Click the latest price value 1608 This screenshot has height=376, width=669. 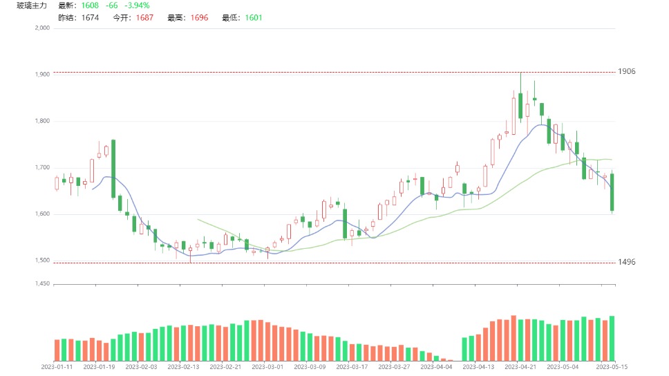(91, 6)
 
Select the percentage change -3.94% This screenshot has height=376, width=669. (138, 6)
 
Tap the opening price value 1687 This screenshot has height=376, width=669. (144, 18)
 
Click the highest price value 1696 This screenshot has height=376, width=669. (198, 18)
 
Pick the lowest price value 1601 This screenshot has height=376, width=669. (254, 18)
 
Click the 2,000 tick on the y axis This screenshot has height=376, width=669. (42, 28)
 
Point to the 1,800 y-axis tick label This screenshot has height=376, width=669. (42, 121)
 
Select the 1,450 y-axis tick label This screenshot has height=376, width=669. (42, 283)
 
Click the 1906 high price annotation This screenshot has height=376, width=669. (626, 72)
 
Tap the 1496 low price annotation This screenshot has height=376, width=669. (626, 263)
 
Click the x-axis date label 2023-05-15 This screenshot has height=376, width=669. (612, 367)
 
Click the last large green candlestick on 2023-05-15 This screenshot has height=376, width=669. (612, 192)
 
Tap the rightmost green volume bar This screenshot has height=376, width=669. (612, 338)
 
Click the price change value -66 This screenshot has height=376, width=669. (111, 6)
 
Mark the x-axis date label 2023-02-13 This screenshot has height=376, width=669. (185, 367)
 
